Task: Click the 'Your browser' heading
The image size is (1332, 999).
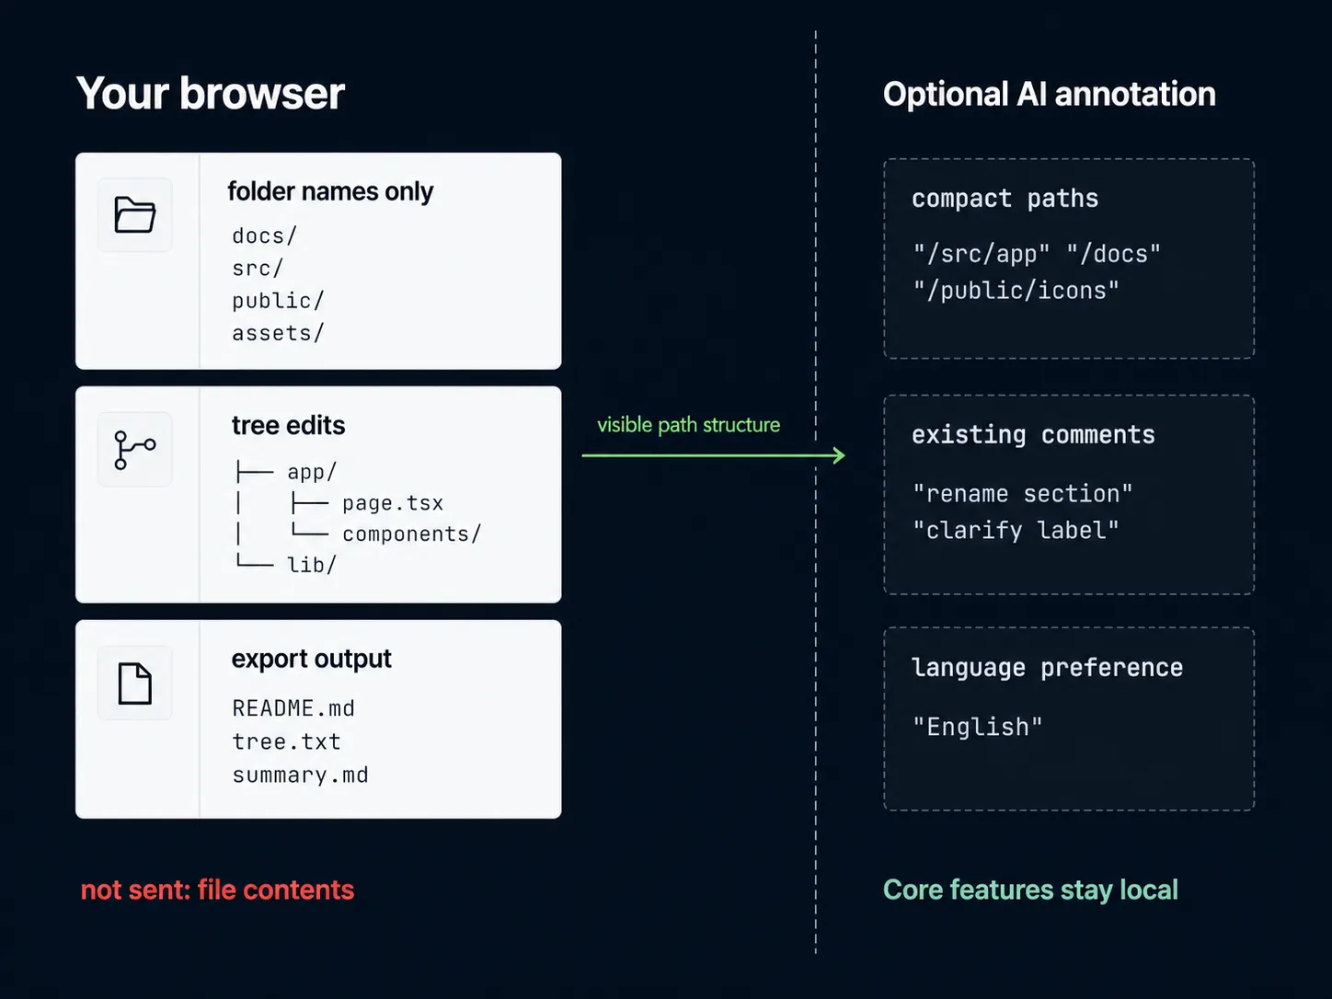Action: pyautogui.click(x=210, y=94)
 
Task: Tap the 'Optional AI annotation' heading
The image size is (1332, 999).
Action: pyautogui.click(x=1049, y=94)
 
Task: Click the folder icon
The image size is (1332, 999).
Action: pyautogui.click(x=135, y=215)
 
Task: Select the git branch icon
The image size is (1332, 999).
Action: pyautogui.click(x=135, y=450)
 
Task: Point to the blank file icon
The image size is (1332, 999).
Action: pyautogui.click(x=135, y=683)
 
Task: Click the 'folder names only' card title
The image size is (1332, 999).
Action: pyautogui.click(x=330, y=191)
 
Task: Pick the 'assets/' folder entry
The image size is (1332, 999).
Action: pyautogui.click(x=278, y=333)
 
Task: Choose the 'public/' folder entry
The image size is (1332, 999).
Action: pyautogui.click(x=278, y=301)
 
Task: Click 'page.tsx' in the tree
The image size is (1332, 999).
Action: pyautogui.click(x=393, y=503)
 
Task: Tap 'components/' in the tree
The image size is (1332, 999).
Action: pyautogui.click(x=411, y=534)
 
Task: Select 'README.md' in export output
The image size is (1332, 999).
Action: pyautogui.click(x=293, y=708)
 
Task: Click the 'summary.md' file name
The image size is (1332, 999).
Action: pyautogui.click(x=300, y=775)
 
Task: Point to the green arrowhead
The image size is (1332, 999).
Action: pyautogui.click(x=838, y=455)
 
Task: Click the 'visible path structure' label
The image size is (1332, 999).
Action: pyautogui.click(x=688, y=425)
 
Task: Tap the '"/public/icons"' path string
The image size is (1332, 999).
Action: pyautogui.click(x=1016, y=291)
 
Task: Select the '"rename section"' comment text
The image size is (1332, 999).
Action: pyautogui.click(x=1022, y=494)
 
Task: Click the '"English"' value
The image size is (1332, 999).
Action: pyautogui.click(x=977, y=728)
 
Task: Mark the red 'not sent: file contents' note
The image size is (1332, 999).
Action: pyautogui.click(x=217, y=890)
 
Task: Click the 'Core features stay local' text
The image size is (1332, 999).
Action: pyautogui.click(x=1030, y=890)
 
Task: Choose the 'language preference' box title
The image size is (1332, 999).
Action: pyautogui.click(x=1047, y=668)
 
